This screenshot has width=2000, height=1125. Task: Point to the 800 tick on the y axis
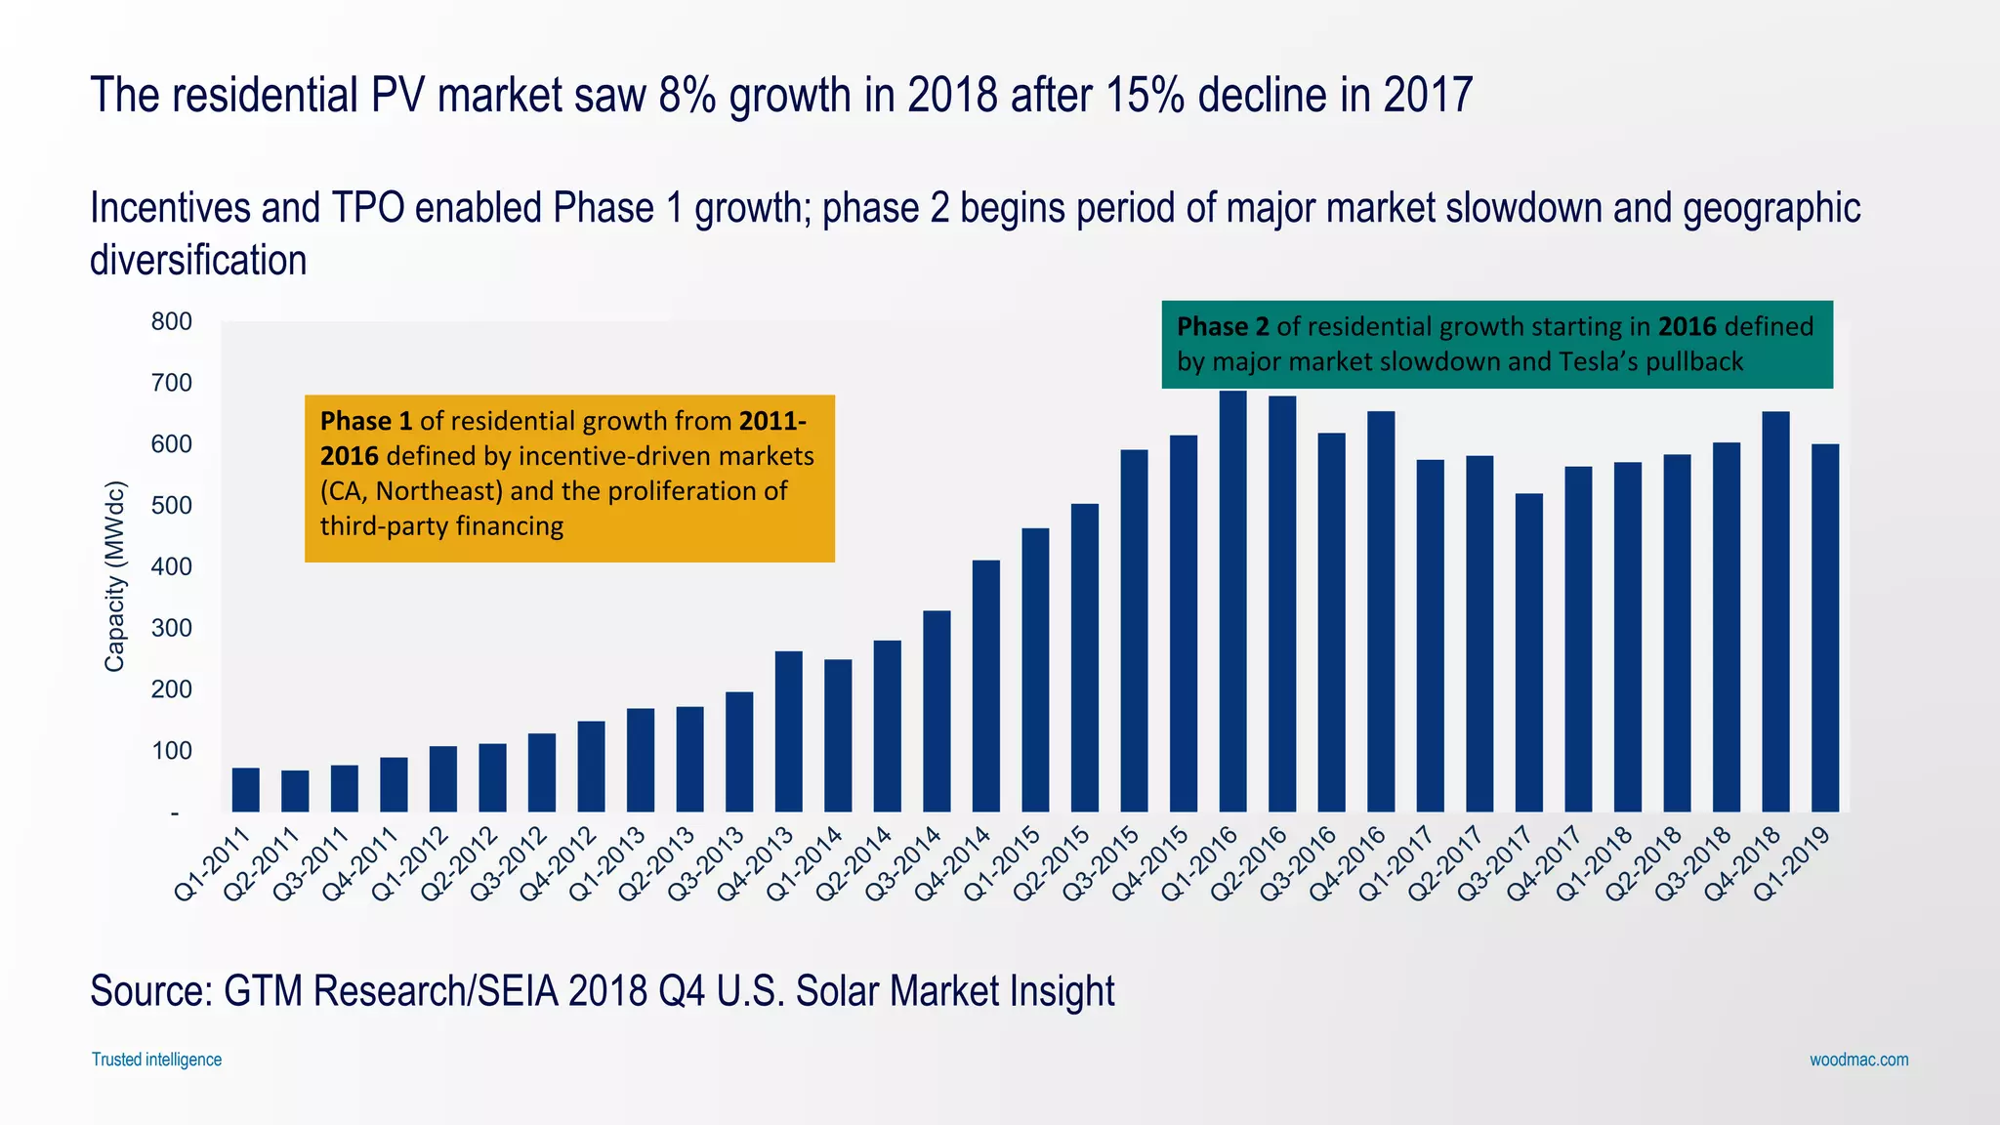coord(171,321)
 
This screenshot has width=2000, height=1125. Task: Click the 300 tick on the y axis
coord(171,628)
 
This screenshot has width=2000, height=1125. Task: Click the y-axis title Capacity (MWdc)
coord(115,576)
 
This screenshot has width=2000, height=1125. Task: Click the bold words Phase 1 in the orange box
coord(366,421)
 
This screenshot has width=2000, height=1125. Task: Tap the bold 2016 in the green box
coord(1687,326)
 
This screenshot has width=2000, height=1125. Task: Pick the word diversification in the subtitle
coord(198,261)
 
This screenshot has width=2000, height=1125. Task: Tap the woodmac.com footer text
coord(1858,1060)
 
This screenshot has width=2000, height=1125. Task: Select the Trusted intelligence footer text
coord(156,1060)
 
